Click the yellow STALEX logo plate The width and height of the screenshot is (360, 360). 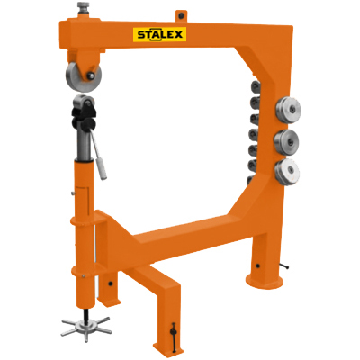point(159,34)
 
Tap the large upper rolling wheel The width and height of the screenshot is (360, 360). point(84,77)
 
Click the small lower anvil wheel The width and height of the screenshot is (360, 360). point(85,102)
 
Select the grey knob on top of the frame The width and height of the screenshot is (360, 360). point(84,6)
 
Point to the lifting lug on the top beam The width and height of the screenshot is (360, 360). point(181,15)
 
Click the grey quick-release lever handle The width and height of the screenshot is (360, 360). point(99,156)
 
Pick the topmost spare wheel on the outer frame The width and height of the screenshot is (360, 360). point(288,110)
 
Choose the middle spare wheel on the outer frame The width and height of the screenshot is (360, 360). point(286,142)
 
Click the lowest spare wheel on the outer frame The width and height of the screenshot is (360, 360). point(287,172)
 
